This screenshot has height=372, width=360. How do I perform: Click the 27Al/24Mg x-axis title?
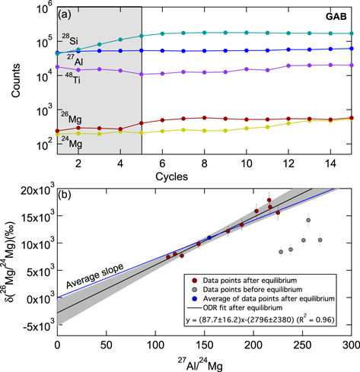pyautogui.click(x=204, y=361)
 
